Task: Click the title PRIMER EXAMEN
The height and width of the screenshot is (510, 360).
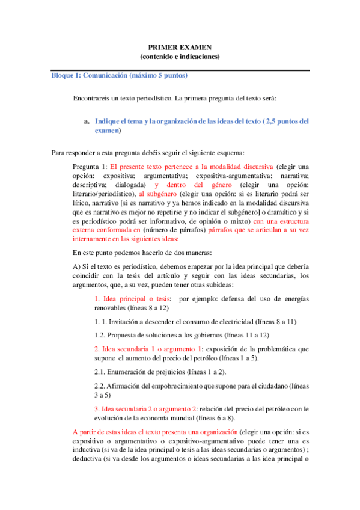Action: [180, 48]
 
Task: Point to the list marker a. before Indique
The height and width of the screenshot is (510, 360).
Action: [87, 121]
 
